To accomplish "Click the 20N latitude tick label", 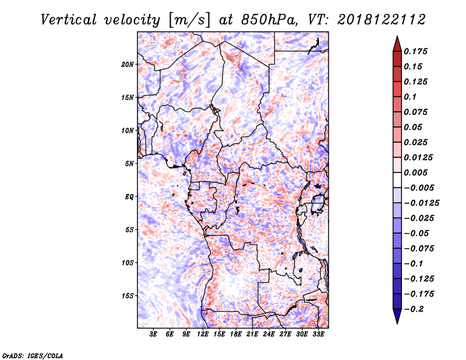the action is click(128, 65).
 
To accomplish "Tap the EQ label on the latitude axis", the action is click(129, 197).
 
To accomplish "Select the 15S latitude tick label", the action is click(128, 296).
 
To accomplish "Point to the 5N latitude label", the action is click(129, 164).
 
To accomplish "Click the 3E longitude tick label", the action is click(153, 334).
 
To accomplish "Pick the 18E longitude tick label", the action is click(236, 334).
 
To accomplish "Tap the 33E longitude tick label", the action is click(318, 334).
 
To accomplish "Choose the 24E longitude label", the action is click(269, 334).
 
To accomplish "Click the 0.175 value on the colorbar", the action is click(415, 51).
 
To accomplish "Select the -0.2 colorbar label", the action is click(414, 309).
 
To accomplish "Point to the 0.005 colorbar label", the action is click(415, 172).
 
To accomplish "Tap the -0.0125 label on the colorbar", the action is click(421, 203).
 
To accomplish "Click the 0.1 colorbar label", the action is click(410, 97).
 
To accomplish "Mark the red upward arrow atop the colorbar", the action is click(397, 44).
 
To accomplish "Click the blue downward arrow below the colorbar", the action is click(397, 316).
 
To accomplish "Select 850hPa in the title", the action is click(269, 20).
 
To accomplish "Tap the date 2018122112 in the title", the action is click(382, 20).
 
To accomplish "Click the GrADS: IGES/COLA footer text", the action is click(33, 355).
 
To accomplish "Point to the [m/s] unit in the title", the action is click(189, 20).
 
